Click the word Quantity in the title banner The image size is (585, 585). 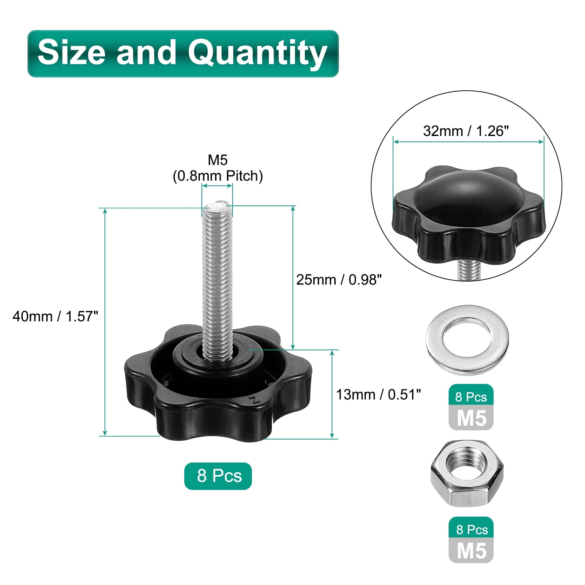pyautogui.click(x=257, y=53)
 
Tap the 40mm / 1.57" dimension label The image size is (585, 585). pyautogui.click(x=56, y=316)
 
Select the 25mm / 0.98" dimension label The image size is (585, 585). pyautogui.click(x=339, y=280)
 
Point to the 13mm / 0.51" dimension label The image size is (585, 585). pyautogui.click(x=378, y=395)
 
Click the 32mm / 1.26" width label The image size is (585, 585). pyautogui.click(x=466, y=131)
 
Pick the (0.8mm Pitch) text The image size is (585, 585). pyautogui.click(x=218, y=176)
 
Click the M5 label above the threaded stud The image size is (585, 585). pyautogui.click(x=218, y=160)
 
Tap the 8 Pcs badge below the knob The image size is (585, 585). pyautogui.click(x=218, y=476)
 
